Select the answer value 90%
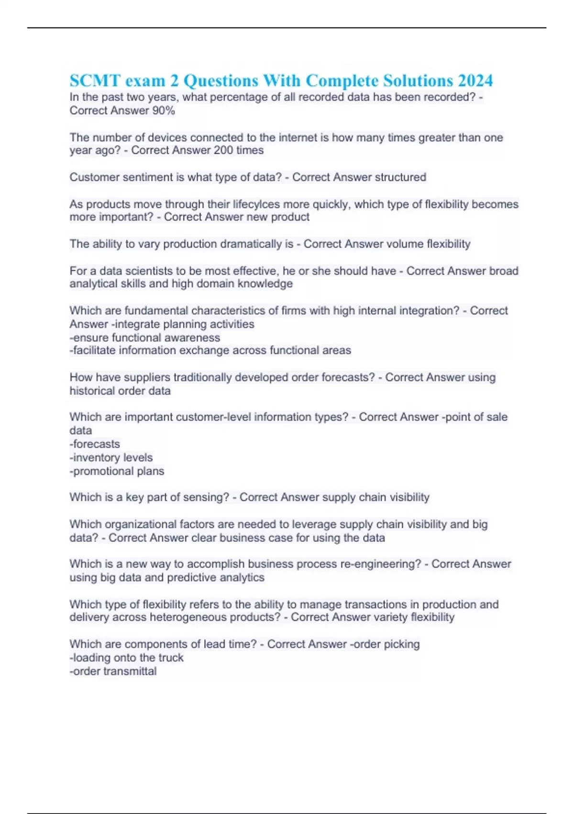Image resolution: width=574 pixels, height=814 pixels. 164,111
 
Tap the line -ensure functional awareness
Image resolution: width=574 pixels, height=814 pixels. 145,338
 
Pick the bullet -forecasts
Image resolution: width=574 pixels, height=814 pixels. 95,444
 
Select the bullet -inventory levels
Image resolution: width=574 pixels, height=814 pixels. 111,457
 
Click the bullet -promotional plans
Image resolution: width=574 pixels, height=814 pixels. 117,471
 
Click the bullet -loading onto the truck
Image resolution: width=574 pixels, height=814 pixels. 126,658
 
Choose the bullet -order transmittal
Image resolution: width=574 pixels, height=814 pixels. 113,671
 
